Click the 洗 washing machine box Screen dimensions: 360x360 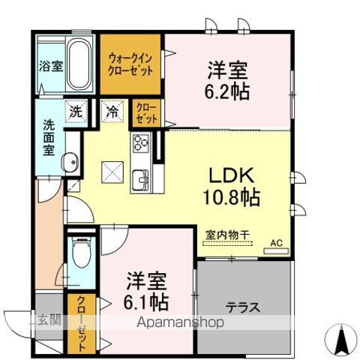[x=76, y=111]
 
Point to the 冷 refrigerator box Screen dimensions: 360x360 [x=112, y=111]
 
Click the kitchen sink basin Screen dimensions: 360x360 [x=141, y=180]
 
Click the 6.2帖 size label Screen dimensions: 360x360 [x=227, y=91]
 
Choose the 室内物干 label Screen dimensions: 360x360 [x=227, y=235]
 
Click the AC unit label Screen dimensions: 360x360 [x=275, y=243]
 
